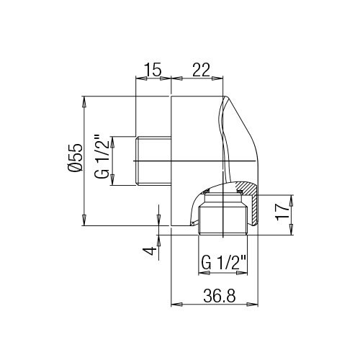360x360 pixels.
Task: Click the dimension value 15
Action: (x=153, y=70)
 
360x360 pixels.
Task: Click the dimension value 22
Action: (x=201, y=70)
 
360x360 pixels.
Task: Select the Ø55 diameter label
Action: (x=75, y=158)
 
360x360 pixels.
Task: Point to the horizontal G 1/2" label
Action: (x=224, y=263)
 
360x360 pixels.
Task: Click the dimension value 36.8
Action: (x=220, y=296)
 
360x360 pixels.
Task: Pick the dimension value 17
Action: (x=282, y=212)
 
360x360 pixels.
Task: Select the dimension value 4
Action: (x=150, y=251)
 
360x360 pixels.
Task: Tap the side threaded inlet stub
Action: (x=153, y=161)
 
